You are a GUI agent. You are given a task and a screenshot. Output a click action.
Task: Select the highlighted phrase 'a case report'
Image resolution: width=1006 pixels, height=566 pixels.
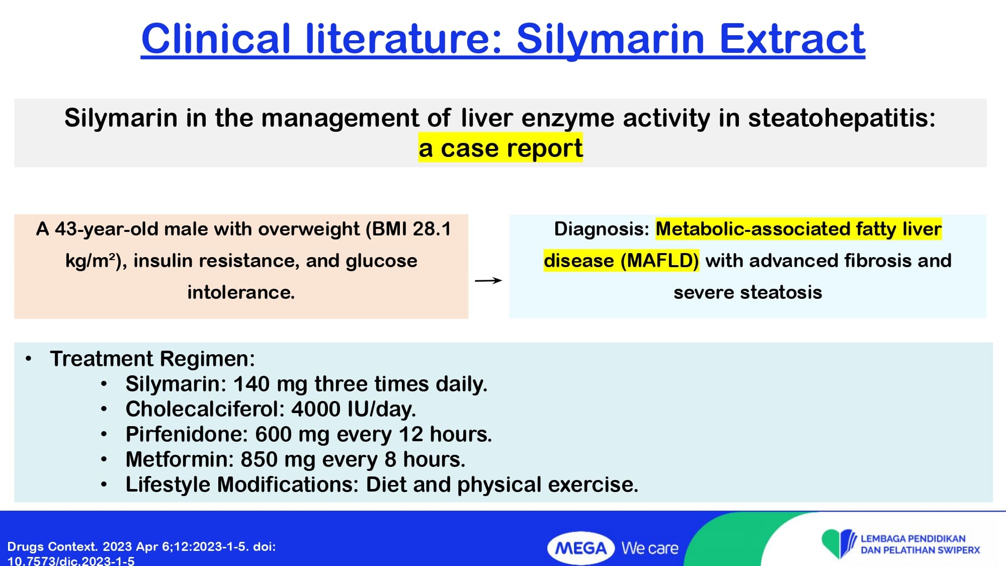pos(500,148)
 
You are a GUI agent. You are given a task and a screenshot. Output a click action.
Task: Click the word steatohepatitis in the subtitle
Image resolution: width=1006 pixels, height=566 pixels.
pos(842,118)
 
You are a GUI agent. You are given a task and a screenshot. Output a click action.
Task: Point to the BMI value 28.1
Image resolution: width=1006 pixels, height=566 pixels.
pos(432,229)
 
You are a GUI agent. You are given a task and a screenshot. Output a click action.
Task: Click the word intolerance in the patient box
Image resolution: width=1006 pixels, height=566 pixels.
pos(241,292)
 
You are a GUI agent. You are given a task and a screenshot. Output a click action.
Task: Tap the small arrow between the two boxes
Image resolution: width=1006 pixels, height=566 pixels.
pos(488,280)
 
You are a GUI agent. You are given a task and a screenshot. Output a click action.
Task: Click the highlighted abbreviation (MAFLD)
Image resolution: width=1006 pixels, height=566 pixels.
pos(659,261)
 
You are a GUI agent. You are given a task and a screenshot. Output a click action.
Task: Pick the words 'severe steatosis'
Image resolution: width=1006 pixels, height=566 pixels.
pos(747,292)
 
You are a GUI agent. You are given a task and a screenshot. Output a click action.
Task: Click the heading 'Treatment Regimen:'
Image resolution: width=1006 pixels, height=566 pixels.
pos(152,359)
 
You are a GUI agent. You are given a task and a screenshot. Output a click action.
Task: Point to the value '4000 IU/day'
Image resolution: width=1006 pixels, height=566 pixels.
pos(354,409)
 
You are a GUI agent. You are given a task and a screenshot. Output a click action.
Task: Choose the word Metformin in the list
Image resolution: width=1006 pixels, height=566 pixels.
pos(180,459)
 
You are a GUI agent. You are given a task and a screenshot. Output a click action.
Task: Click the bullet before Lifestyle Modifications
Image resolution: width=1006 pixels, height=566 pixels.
pos(104,484)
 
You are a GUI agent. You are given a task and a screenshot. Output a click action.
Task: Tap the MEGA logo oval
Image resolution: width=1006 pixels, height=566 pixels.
pos(581,548)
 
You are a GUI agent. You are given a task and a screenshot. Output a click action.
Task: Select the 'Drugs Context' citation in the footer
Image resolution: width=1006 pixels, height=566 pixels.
pos(141,553)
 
